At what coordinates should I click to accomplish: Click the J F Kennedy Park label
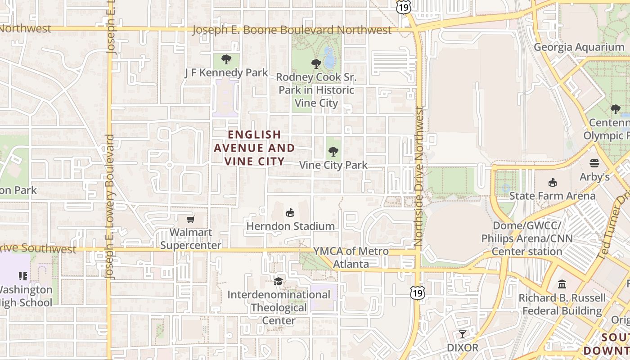226,72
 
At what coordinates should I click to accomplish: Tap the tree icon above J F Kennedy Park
226,59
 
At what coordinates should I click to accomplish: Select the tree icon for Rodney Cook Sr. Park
316,63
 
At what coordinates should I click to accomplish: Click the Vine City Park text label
333,165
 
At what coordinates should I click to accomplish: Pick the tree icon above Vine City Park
333,152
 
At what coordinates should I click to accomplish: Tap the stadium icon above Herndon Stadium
290,212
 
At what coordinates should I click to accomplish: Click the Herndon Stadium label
290,226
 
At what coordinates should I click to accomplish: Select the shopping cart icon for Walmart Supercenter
191,219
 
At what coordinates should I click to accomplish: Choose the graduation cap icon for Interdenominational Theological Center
279,281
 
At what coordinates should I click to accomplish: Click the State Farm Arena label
552,196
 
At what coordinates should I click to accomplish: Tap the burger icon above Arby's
594,163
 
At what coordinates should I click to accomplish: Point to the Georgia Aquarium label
579,47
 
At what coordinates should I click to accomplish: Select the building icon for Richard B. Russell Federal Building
562,284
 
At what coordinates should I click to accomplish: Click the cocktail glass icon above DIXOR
462,334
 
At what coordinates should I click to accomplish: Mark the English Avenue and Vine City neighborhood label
254,148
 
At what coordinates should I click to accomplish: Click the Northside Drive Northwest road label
419,175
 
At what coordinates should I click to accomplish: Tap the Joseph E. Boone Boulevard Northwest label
292,30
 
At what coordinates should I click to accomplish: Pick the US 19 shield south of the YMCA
417,293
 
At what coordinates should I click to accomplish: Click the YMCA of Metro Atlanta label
351,257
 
